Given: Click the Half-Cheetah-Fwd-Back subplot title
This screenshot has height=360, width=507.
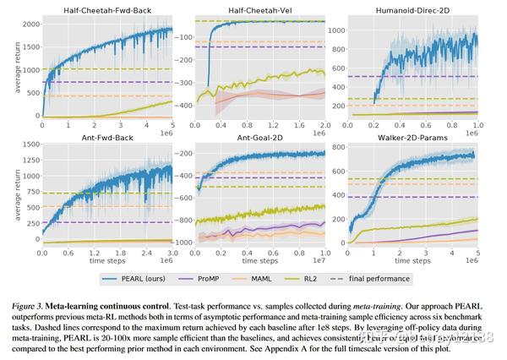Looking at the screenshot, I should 106,10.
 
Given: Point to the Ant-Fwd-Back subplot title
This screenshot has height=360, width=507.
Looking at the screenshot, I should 106,137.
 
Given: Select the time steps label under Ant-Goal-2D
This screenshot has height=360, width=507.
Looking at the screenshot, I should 248,260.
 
